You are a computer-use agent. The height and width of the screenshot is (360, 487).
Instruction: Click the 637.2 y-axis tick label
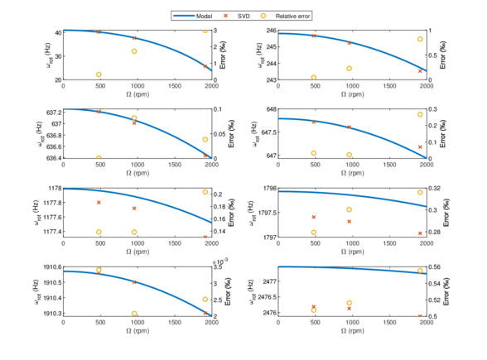click(51, 111)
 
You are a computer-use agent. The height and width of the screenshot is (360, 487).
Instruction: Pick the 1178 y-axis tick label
click(53, 189)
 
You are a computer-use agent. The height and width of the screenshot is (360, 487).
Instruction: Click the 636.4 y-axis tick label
click(51, 158)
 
